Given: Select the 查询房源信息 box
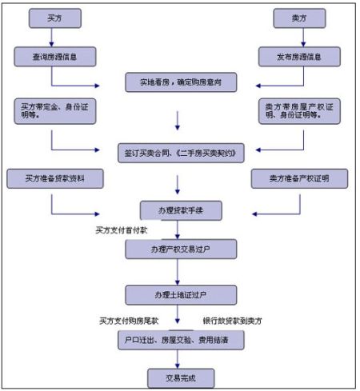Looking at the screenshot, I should [x=54, y=56].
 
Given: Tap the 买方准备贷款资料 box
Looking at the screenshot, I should [x=50, y=178].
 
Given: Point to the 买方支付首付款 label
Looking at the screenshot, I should [x=122, y=230].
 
